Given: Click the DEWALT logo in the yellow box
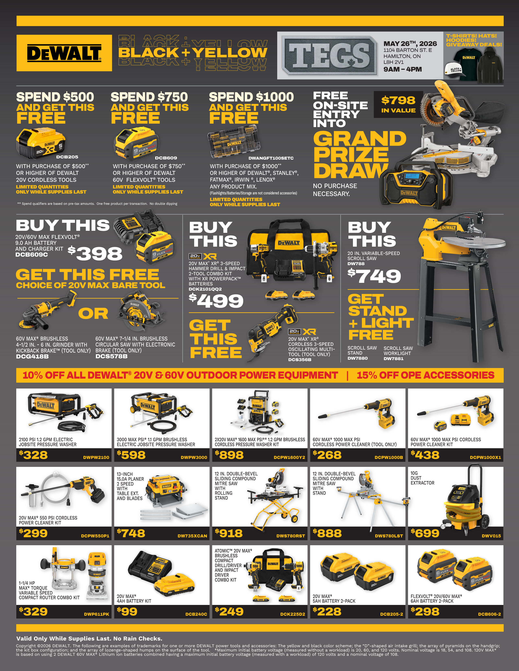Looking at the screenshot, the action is (x=64, y=53).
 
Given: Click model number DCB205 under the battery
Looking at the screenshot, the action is (x=67, y=157).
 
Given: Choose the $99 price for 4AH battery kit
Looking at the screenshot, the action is (x=127, y=611).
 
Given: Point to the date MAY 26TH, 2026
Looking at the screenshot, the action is (x=410, y=44).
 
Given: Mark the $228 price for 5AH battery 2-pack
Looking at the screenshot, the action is (x=327, y=611).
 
